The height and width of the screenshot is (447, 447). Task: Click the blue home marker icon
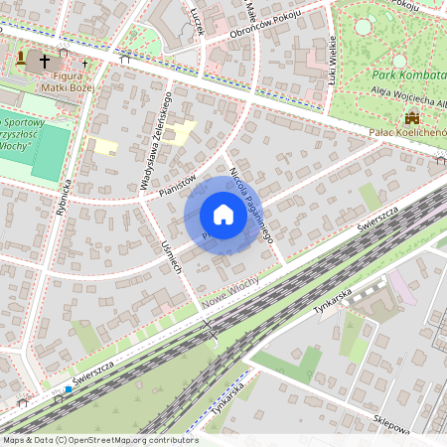point(223,215)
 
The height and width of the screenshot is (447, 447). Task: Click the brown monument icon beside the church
point(22,59)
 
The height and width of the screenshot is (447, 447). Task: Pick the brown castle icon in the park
point(409,117)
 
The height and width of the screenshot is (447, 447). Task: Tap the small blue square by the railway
point(68,389)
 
